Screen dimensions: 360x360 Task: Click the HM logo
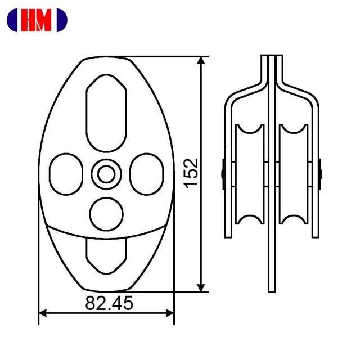37,20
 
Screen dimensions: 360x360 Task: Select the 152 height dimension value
191,173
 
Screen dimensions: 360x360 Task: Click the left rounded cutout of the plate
66,173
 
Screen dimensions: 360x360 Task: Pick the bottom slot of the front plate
106,251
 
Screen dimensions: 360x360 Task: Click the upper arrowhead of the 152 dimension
200,61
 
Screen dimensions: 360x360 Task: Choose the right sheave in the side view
294,174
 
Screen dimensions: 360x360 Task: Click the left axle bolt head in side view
224,173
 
